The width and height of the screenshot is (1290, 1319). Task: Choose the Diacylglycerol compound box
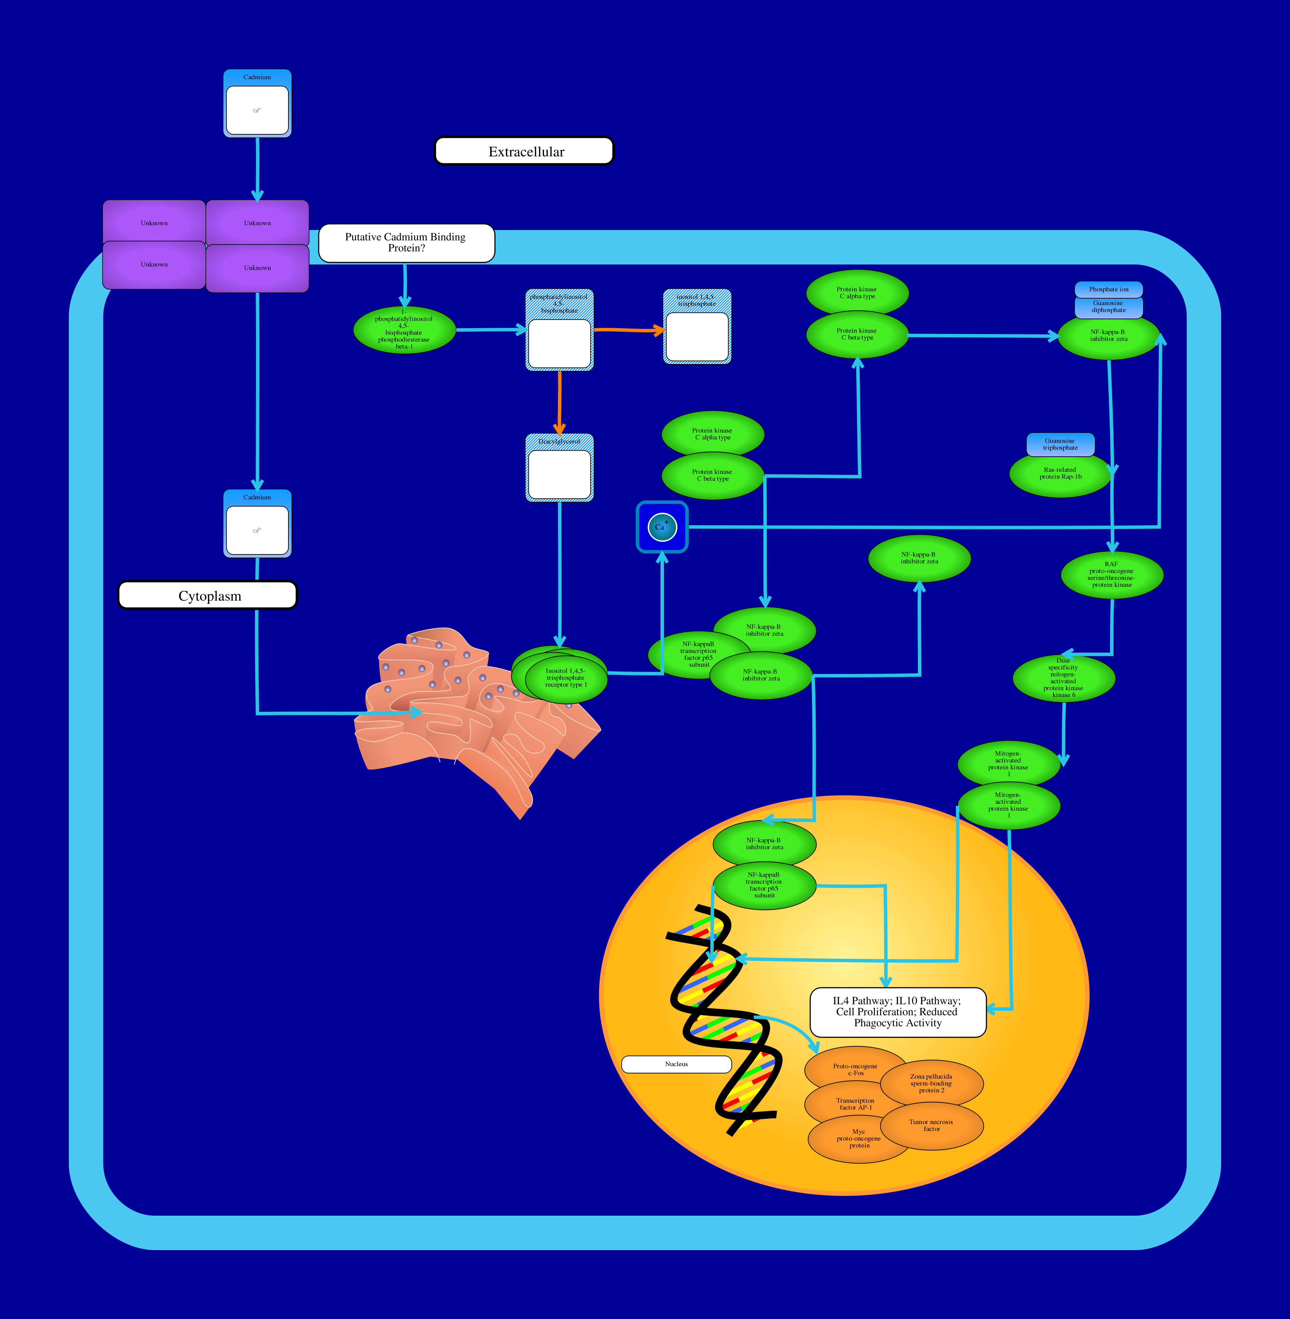(x=560, y=468)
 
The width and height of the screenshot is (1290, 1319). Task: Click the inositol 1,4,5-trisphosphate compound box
(x=697, y=328)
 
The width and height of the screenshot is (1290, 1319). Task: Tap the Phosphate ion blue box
(x=1108, y=289)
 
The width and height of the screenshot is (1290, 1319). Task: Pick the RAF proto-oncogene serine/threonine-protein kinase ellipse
(x=1112, y=575)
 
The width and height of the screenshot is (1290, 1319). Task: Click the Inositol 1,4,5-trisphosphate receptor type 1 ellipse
(x=566, y=678)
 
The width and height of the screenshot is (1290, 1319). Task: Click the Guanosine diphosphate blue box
(x=1108, y=307)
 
